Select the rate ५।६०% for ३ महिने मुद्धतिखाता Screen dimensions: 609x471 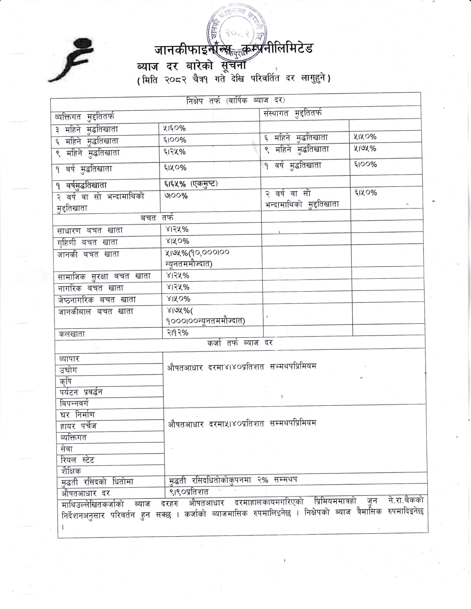(x=174, y=128)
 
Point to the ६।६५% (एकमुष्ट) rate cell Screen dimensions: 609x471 (x=191, y=183)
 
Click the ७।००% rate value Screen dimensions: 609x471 (x=176, y=196)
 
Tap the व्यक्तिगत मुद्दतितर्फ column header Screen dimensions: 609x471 (x=85, y=117)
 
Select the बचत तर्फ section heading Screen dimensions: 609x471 (x=157, y=218)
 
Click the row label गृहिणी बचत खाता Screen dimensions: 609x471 (x=88, y=242)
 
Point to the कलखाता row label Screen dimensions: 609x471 (x=72, y=334)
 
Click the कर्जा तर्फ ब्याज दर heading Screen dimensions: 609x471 (x=240, y=343)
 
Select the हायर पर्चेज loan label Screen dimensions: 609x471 (x=78, y=426)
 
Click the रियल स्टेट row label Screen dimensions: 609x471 (x=78, y=460)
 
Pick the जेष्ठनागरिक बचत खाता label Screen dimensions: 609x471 (x=97, y=300)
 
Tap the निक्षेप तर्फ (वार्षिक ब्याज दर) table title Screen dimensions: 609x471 (x=235, y=100)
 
